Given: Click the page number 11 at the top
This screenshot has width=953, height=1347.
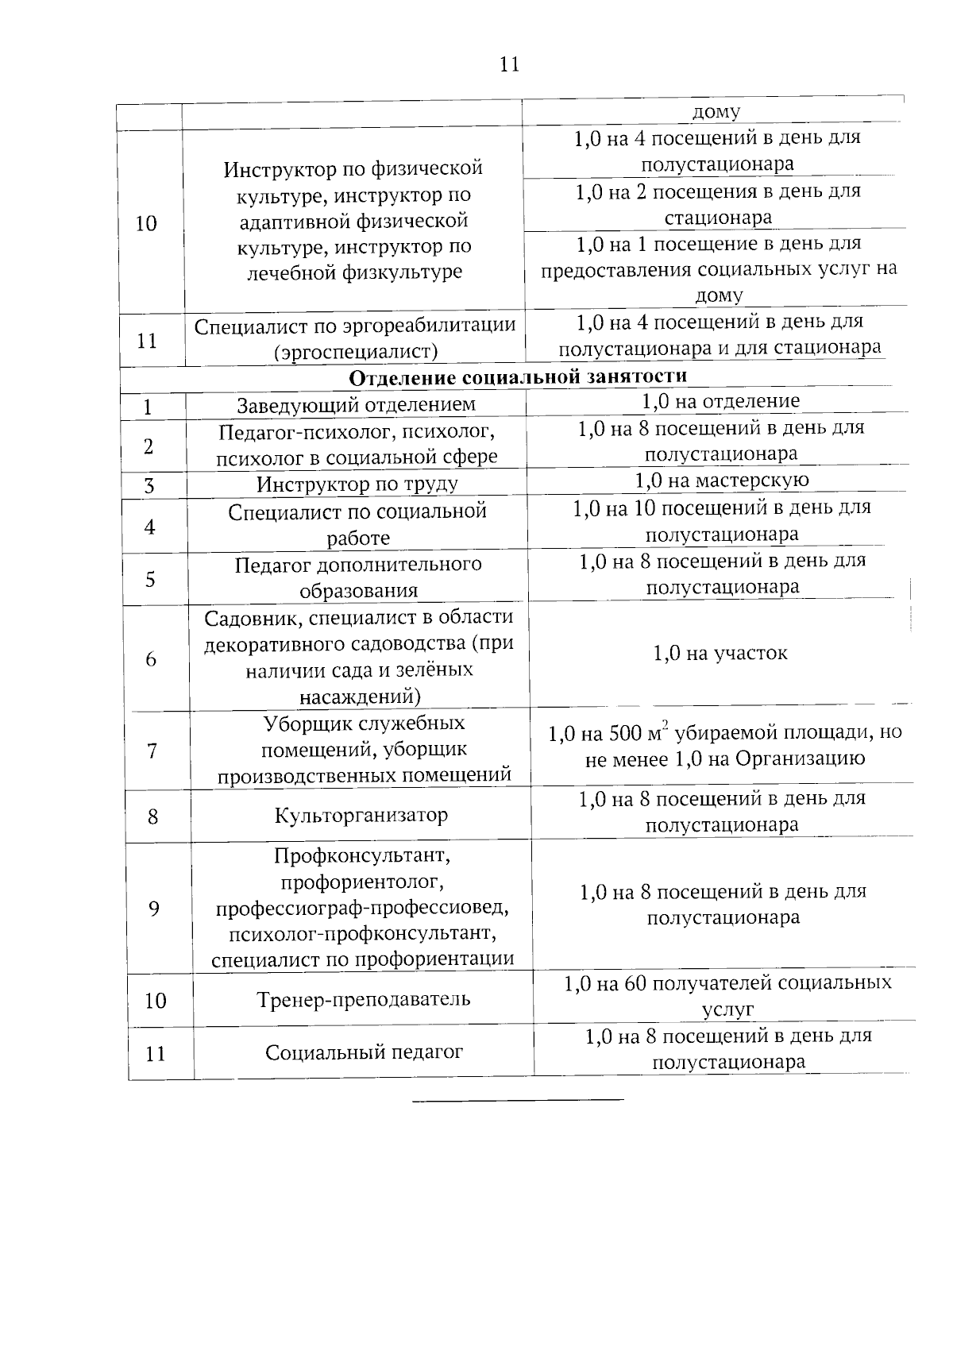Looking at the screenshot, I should click(x=509, y=64).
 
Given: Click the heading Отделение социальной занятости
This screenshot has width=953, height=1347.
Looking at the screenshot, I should click(x=518, y=376).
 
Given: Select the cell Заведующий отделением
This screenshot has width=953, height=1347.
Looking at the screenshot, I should click(x=356, y=405).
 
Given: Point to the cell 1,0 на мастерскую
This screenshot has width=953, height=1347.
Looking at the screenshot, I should click(x=721, y=481).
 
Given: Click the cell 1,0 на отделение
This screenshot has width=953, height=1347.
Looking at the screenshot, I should click(x=720, y=401).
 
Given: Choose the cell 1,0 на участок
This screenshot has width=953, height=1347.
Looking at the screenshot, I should click(x=720, y=654).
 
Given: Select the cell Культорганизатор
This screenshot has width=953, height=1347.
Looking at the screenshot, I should click(x=361, y=816).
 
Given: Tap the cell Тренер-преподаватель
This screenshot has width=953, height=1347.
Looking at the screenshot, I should click(x=363, y=999).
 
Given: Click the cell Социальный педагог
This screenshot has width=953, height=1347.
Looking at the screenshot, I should click(x=364, y=1052).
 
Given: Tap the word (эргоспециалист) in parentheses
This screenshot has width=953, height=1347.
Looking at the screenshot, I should click(x=355, y=352).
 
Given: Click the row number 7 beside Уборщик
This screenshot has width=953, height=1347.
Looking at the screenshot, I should click(x=152, y=751).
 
